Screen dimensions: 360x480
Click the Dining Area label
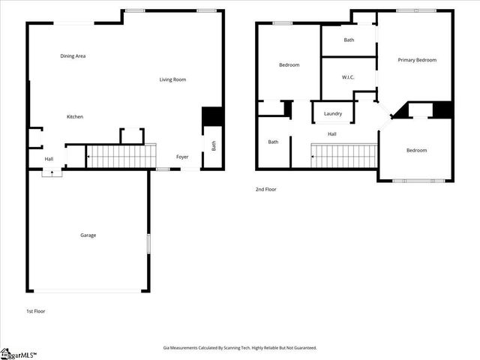point(73,56)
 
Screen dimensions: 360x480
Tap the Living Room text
point(172,79)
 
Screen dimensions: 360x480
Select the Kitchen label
point(75,117)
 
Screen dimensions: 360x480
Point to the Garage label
point(88,235)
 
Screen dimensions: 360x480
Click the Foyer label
point(182,157)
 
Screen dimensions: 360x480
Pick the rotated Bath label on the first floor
point(213,146)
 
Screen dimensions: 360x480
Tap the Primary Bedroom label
point(417,60)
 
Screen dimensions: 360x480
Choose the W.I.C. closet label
point(348,77)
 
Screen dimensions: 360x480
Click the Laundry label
point(333,114)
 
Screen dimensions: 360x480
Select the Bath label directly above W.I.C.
point(349,40)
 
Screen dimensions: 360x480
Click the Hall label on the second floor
point(331,134)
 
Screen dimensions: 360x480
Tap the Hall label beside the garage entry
point(49,159)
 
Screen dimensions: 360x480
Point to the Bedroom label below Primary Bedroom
point(416,151)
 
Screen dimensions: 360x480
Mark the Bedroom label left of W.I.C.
point(289,65)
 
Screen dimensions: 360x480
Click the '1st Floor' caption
point(35,310)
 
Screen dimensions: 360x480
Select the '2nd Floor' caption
point(265,190)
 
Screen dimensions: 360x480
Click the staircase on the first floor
point(120,156)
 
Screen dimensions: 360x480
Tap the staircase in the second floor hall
point(343,156)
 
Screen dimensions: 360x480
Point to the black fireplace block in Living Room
point(212,118)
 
